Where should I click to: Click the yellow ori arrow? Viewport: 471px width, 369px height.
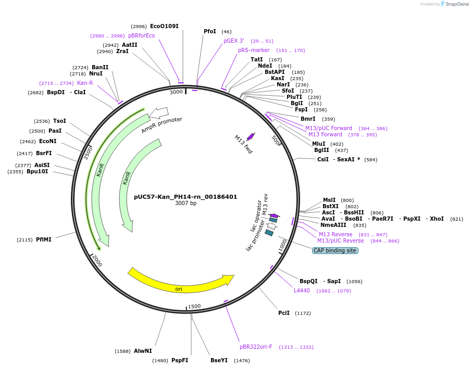(180, 281)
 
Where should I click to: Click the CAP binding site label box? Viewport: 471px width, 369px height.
(335, 250)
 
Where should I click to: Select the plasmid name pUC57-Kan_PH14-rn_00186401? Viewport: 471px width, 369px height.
(185, 197)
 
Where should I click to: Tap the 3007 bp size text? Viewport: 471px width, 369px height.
(185, 203)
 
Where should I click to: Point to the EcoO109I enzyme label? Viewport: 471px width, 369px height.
(164, 26)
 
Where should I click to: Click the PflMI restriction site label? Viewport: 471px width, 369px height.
(44, 239)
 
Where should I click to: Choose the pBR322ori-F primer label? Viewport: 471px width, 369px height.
(256, 347)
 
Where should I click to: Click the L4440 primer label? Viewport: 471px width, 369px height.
(302, 290)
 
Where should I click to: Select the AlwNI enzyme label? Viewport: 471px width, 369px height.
(143, 351)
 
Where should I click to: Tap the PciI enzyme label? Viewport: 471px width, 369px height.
(284, 313)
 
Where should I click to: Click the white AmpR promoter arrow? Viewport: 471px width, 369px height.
(158, 112)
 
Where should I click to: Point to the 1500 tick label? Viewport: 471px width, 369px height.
(194, 306)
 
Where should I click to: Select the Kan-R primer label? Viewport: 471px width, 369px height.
(85, 83)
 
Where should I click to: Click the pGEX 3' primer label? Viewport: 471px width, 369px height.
(234, 41)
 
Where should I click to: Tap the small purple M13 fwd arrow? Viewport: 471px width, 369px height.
(251, 136)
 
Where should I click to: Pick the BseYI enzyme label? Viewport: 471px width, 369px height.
(219, 360)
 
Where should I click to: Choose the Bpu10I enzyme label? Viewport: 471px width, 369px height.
(37, 171)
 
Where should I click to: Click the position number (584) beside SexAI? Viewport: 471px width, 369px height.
(370, 159)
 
